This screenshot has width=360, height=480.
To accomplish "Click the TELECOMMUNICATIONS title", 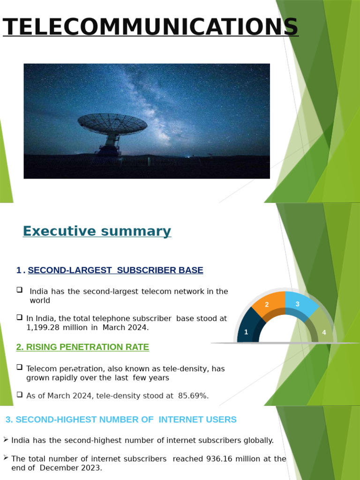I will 150,27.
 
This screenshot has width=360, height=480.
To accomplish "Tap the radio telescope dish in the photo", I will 112,124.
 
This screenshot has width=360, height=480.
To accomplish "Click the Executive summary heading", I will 97,231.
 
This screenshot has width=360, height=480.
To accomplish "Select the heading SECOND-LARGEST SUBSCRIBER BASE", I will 115,270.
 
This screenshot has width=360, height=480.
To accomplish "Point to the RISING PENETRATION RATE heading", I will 82,347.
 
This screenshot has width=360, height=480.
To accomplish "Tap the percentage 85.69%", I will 193,396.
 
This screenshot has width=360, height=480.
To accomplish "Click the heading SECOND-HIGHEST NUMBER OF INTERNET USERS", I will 121,420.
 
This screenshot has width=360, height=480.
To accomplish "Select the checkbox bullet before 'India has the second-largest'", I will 20,290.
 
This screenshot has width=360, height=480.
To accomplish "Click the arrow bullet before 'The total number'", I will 6,457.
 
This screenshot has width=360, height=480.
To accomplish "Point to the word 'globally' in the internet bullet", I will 258,440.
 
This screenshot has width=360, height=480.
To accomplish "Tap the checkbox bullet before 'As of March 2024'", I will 20,394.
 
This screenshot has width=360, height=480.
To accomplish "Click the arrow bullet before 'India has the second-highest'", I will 6,439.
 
